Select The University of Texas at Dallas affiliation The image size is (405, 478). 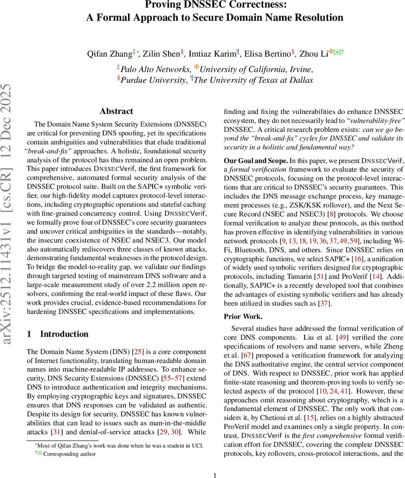(x=253, y=80)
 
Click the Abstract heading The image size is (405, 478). (x=116, y=111)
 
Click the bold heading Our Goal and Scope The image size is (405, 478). (x=256, y=161)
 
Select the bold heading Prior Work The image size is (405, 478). (x=243, y=317)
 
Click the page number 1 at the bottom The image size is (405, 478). (x=215, y=475)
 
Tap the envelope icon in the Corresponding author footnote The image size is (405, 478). (x=39, y=454)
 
